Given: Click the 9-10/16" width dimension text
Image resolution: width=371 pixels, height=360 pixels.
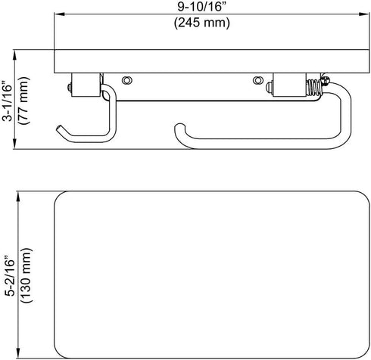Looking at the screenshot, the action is (201, 7).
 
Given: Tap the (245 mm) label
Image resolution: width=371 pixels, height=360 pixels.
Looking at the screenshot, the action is (202, 23).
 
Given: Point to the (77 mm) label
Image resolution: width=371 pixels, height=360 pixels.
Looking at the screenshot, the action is (24, 101).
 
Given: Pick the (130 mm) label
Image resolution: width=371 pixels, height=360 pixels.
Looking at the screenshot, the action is (26, 275).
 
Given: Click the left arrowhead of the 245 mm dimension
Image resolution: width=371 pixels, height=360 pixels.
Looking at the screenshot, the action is (60, 14).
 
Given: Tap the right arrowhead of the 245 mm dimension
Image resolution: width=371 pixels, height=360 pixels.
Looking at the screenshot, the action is (364, 14).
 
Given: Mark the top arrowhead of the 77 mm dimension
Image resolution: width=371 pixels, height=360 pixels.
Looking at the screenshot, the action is (15, 54).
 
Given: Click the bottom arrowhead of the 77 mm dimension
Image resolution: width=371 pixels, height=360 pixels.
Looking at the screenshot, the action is (15, 144).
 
